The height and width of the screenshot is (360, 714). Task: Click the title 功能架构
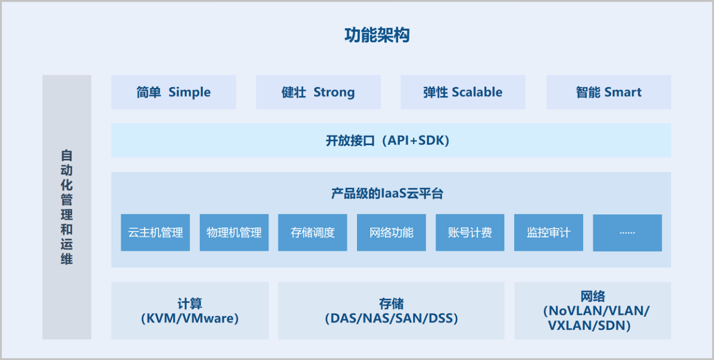[x=377, y=35]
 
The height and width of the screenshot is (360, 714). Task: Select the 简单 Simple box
[x=173, y=92]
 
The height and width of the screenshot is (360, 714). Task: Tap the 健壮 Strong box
[x=318, y=92]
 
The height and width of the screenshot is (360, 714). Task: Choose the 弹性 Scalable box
[x=462, y=92]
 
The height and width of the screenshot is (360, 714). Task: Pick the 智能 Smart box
[x=608, y=92]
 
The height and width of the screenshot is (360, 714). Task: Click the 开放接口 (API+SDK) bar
[x=391, y=140]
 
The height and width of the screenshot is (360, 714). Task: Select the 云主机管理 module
[x=155, y=233]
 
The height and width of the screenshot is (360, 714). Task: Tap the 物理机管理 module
[x=234, y=233]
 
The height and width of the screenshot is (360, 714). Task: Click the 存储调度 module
[x=312, y=233]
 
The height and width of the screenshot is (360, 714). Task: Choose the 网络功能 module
[x=391, y=233]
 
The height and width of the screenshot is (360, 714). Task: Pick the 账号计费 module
[x=469, y=233]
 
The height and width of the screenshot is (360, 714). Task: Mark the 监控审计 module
[x=548, y=233]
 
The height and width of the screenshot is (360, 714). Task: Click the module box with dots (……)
[x=627, y=233]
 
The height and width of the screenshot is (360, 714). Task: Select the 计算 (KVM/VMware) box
[x=190, y=311]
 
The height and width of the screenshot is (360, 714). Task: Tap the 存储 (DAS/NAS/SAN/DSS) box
[x=391, y=311]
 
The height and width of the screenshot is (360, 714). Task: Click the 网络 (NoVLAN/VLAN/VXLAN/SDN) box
[x=592, y=311]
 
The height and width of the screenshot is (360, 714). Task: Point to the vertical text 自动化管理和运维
[x=67, y=207]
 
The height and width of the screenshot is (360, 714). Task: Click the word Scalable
[x=477, y=92]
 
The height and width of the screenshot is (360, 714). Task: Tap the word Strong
[x=334, y=92]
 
